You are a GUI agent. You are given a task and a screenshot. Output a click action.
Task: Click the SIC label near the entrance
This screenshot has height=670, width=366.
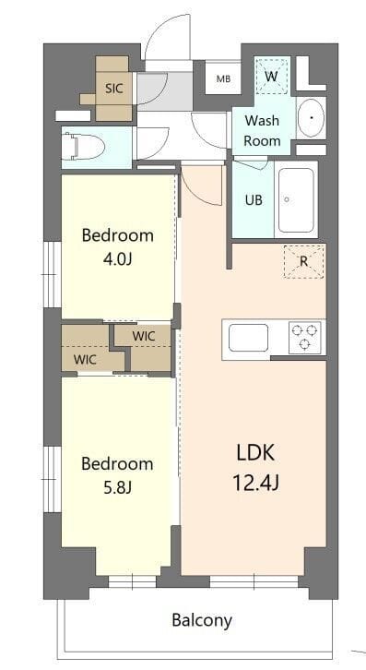pos(114,89)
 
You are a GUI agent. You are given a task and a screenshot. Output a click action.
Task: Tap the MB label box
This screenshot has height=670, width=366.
pos(223,79)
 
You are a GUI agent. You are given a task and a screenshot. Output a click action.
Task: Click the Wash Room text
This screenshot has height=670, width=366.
pos(262,130)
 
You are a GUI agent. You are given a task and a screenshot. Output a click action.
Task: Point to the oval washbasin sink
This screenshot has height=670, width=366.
pos(311,118)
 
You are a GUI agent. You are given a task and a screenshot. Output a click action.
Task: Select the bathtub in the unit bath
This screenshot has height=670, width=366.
pos(297,200)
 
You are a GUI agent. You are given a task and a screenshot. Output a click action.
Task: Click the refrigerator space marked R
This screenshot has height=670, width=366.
pos(303,260)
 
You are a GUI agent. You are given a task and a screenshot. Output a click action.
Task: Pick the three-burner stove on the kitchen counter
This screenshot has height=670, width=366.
pos(305,337)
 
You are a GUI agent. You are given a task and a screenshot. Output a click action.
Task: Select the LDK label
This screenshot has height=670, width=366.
pos(256,452)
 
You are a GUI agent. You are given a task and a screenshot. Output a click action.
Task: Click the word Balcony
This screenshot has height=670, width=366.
pos(202,619)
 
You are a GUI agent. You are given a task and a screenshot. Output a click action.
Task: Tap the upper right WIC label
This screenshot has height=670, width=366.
pos(144,336)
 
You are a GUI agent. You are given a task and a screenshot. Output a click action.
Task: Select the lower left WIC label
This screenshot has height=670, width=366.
pos(86,359)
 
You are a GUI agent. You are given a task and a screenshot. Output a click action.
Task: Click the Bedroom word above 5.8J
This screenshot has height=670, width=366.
pos(117,462)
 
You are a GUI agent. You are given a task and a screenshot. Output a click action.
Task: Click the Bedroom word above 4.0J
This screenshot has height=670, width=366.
pos(117,234)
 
